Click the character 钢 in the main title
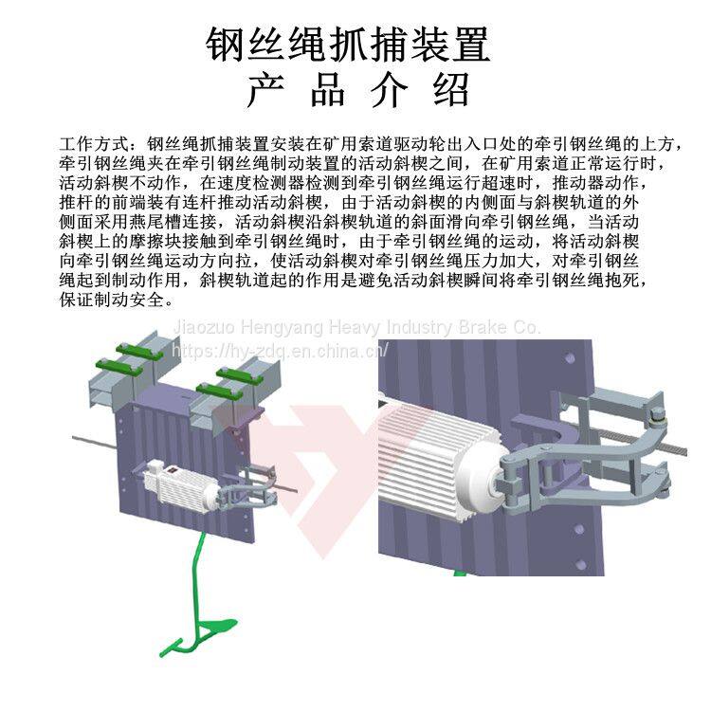click(x=225, y=44)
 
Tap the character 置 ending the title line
click(x=471, y=44)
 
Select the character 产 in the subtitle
click(x=265, y=90)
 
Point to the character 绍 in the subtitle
click(x=451, y=90)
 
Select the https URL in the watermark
click(x=280, y=351)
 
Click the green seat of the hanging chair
click(x=217, y=627)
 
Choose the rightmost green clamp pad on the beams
click(x=241, y=376)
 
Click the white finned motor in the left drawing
click(x=181, y=488)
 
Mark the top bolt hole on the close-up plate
click(x=569, y=358)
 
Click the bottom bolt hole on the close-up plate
click(x=580, y=565)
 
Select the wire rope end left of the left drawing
click(x=74, y=439)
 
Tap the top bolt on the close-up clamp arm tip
click(x=657, y=414)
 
